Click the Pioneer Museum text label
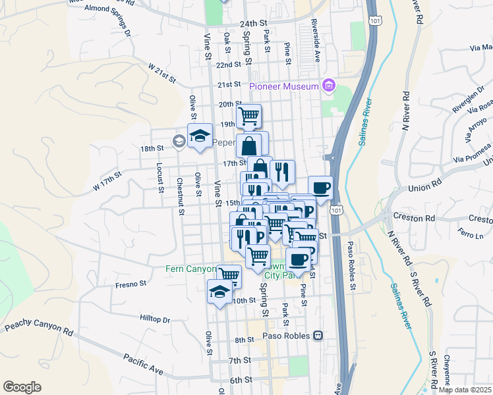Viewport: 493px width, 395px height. click(x=284, y=86)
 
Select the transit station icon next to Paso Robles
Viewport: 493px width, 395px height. click(x=318, y=335)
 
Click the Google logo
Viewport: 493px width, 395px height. click(x=22, y=386)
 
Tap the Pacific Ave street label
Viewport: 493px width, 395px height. click(x=143, y=363)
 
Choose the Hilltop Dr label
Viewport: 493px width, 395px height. click(x=155, y=319)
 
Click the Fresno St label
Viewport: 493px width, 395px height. click(x=130, y=284)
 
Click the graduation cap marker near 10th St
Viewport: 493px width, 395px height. click(x=219, y=292)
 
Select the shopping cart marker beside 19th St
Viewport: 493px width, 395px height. click(x=248, y=117)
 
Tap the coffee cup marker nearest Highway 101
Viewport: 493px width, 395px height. click(x=320, y=188)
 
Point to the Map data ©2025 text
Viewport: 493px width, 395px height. click(x=465, y=390)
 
